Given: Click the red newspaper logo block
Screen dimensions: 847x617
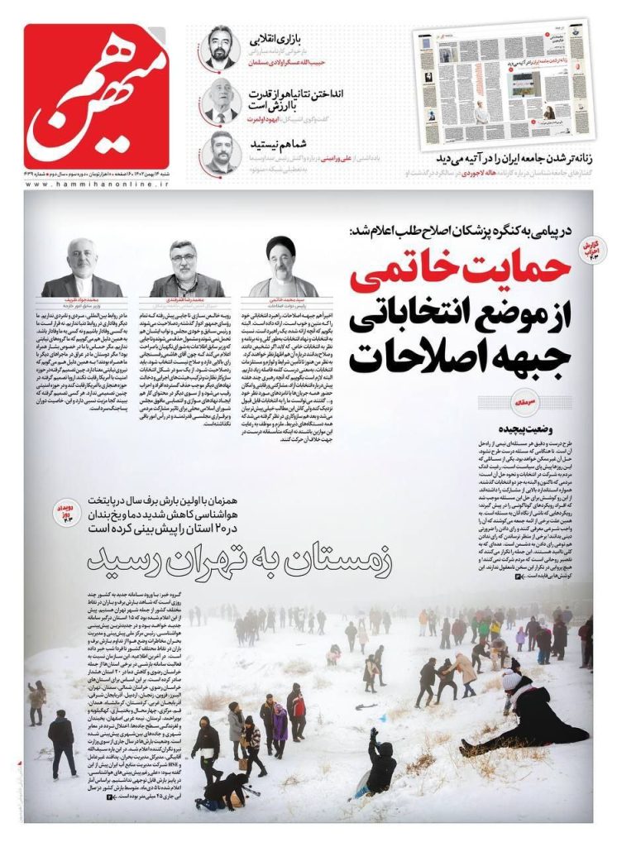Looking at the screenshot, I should coord(97,94).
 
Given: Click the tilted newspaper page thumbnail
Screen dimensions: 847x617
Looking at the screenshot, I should coord(501,84).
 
